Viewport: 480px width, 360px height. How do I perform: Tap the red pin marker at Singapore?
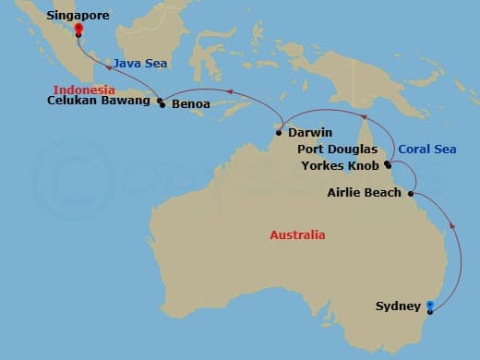tap(78, 28)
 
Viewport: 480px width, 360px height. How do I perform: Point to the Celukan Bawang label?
tap(100, 102)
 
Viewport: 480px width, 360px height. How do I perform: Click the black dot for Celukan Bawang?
tap(160, 102)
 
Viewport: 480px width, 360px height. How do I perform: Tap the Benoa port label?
tap(190, 104)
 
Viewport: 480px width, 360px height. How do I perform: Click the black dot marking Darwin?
tap(278, 133)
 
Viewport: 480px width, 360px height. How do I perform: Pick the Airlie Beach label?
tap(365, 193)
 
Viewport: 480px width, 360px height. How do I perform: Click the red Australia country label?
tap(297, 234)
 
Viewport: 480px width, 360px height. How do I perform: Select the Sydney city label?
tap(398, 306)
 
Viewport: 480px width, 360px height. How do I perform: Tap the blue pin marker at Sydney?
tap(430, 306)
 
